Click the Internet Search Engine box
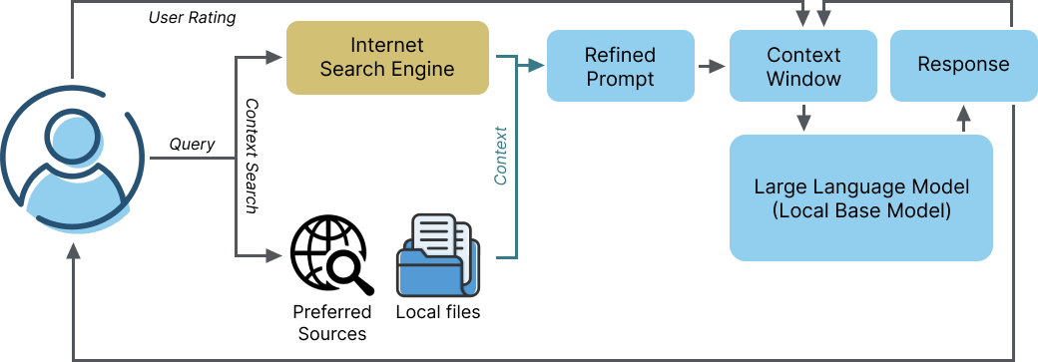click(387, 58)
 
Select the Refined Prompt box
click(620, 66)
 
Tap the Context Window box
click(803, 66)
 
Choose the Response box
click(962, 66)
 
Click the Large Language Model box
click(861, 197)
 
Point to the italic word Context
click(501, 156)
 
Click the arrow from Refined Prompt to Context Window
click(711, 66)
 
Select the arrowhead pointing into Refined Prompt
click(537, 66)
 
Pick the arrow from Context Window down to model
click(803, 119)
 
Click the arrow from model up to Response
click(962, 118)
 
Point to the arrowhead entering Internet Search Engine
click(275, 58)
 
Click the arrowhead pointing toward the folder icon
click(275, 256)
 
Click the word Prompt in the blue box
click(620, 78)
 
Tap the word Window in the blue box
click(803, 78)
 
